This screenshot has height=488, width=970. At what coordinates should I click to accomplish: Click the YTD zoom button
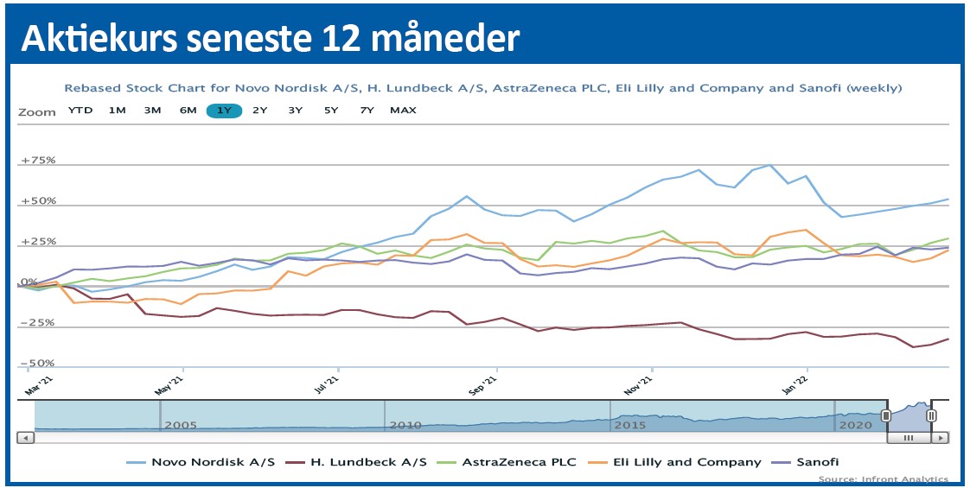click(x=80, y=111)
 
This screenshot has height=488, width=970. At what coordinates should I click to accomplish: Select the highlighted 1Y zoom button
click(x=224, y=111)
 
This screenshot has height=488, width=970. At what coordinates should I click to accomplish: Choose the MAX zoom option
click(x=403, y=111)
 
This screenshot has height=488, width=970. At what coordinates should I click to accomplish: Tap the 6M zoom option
click(x=188, y=111)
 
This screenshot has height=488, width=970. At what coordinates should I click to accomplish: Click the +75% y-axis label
click(x=38, y=161)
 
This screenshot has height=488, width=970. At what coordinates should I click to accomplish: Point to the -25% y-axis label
click(x=38, y=323)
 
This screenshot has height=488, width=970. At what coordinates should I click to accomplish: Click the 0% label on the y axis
click(x=29, y=282)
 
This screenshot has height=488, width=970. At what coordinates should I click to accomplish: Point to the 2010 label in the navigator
click(x=405, y=425)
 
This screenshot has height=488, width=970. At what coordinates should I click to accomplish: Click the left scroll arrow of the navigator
click(x=26, y=438)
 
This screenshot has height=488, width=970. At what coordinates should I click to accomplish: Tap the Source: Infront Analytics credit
click(x=883, y=479)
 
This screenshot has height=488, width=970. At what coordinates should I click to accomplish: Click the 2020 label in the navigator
click(x=855, y=425)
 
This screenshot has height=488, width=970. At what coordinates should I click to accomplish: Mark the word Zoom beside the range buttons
click(x=36, y=111)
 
